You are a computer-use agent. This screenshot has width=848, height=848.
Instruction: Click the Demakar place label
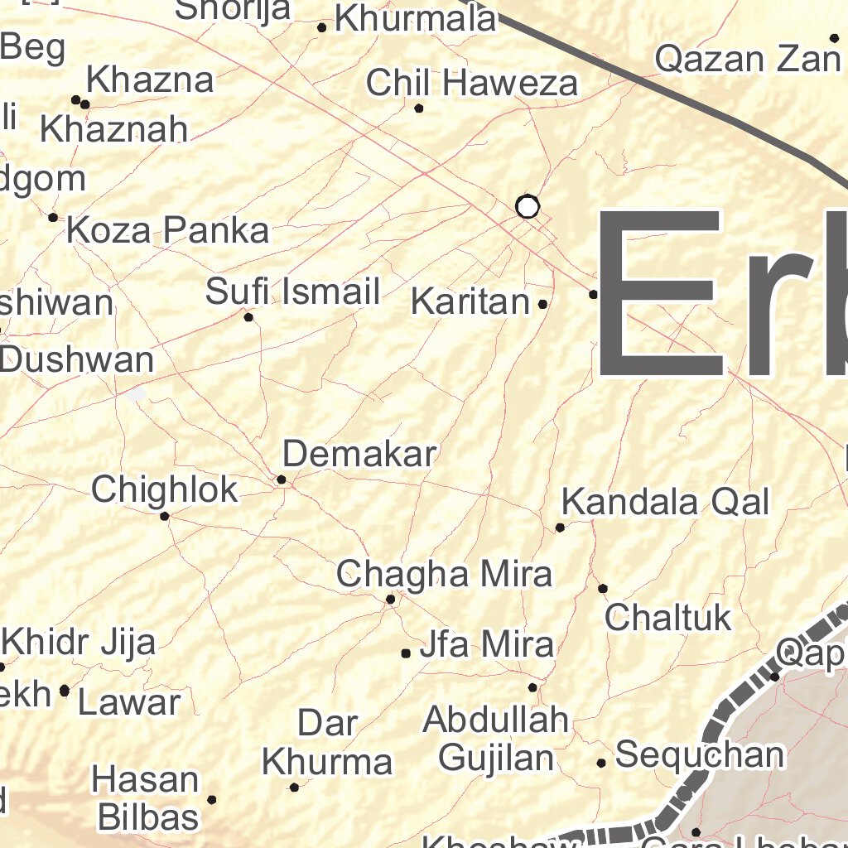[359, 454]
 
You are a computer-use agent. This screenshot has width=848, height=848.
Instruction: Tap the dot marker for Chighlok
[165, 516]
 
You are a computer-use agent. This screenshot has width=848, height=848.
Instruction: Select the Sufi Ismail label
[292, 291]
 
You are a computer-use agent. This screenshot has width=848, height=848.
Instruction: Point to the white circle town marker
[528, 206]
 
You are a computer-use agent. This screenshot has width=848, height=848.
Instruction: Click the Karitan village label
[470, 302]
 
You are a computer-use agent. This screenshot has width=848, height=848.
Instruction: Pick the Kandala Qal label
[665, 502]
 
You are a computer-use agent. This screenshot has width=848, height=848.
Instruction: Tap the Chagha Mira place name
[444, 574]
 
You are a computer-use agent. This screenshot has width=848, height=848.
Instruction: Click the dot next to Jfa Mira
[406, 653]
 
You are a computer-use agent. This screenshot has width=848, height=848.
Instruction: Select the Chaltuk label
[667, 617]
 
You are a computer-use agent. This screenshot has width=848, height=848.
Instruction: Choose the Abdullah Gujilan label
[495, 739]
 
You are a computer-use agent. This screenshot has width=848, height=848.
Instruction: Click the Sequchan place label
[700, 754]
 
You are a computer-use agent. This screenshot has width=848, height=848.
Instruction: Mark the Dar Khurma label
[327, 743]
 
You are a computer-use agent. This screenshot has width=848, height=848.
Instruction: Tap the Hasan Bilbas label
[147, 798]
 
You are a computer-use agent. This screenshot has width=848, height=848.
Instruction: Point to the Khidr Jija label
[79, 642]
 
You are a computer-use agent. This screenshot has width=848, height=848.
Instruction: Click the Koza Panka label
[167, 230]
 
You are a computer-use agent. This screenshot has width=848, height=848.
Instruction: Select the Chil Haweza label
[472, 83]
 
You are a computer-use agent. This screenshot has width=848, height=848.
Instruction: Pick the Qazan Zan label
[747, 59]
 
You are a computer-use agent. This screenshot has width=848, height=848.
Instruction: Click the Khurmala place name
[415, 19]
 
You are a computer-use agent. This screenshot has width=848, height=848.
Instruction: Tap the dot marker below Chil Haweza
[419, 108]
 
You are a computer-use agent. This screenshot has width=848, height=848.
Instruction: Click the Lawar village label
[129, 703]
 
